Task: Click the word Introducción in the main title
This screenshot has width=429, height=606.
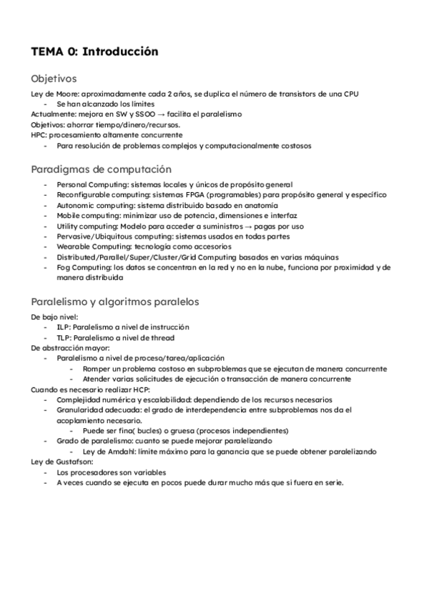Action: pyautogui.click(x=121, y=52)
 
